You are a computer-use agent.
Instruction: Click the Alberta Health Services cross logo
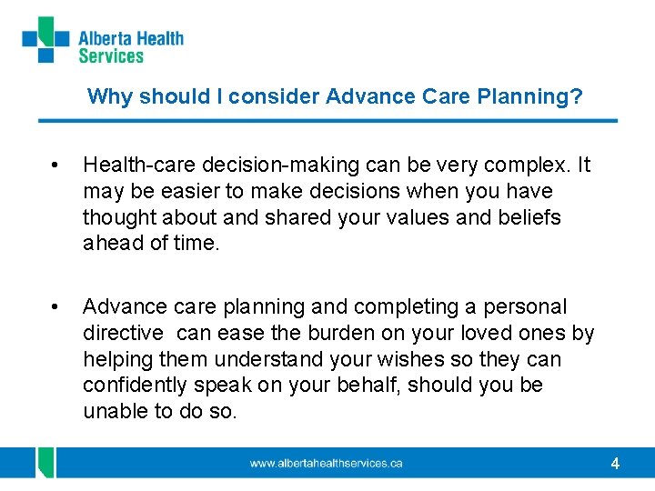pyautogui.click(x=46, y=39)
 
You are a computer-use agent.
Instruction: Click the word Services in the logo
pyautogui.click(x=111, y=56)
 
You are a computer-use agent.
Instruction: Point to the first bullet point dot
pyautogui.click(x=56, y=165)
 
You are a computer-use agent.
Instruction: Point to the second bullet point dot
pyautogui.click(x=56, y=307)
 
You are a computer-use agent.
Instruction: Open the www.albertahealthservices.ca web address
pyautogui.click(x=326, y=464)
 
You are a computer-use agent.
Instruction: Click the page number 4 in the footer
pyautogui.click(x=615, y=464)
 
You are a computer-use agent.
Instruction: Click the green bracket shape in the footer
pyautogui.click(x=43, y=462)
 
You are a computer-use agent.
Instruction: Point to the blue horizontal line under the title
pyautogui.click(x=327, y=121)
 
